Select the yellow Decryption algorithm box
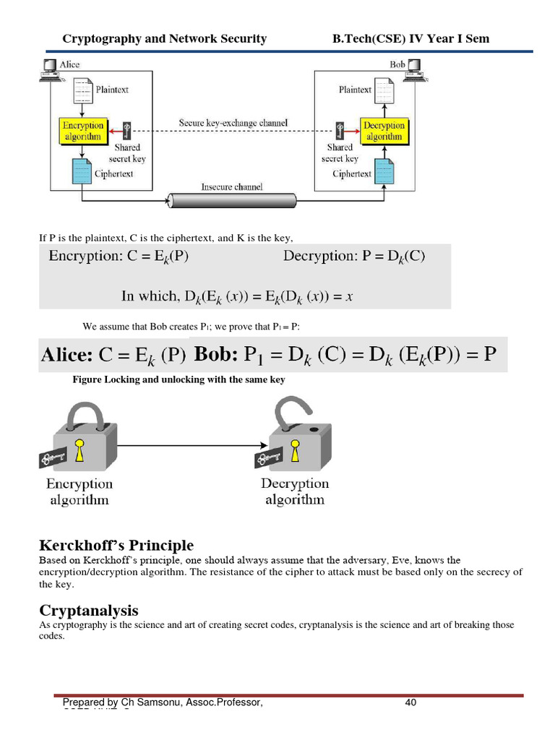(x=383, y=130)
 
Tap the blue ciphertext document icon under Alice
(x=82, y=171)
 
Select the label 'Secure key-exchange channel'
(x=233, y=123)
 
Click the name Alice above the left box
(x=70, y=65)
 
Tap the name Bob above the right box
(x=397, y=65)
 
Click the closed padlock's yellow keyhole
(x=79, y=447)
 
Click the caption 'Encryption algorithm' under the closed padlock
(x=79, y=491)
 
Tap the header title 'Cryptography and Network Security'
(x=165, y=39)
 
